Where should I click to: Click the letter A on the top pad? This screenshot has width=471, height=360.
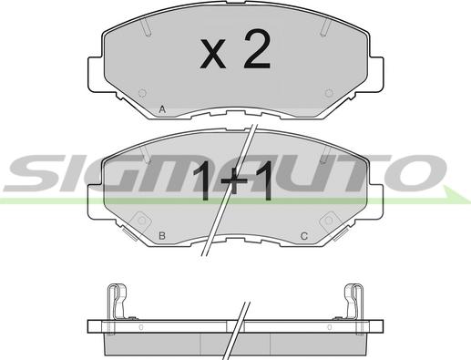(162, 109)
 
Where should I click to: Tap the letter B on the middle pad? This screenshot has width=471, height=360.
(162, 235)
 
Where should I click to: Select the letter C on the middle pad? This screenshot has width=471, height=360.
(304, 235)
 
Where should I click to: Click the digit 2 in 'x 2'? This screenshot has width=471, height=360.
(257, 48)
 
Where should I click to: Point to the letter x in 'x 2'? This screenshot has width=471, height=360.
(213, 54)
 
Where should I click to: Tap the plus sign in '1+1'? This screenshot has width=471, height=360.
(233, 181)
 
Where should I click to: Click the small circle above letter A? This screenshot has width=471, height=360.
(142, 93)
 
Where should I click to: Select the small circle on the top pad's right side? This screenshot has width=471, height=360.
(329, 93)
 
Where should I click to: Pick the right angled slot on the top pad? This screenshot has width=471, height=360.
(325, 26)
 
